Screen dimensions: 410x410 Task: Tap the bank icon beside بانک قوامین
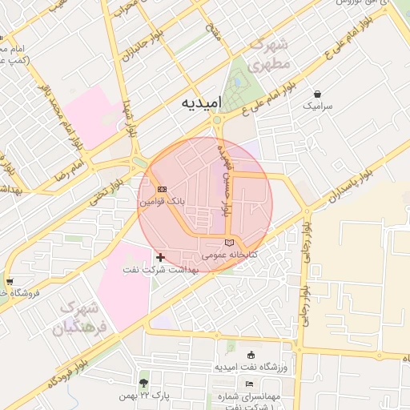pos(163,190)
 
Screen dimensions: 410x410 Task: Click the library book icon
pos(230,243)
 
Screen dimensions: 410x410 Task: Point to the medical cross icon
pos(161,257)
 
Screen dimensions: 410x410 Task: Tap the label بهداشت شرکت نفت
pos(160,270)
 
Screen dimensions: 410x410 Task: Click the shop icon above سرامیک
pos(318,94)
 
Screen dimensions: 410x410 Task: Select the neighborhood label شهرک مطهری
pos(268,54)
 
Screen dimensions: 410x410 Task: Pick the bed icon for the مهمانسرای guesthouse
pos(250,384)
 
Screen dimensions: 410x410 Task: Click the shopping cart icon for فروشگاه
pos(9,282)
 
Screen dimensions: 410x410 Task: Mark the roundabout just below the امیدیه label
pos(216,121)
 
